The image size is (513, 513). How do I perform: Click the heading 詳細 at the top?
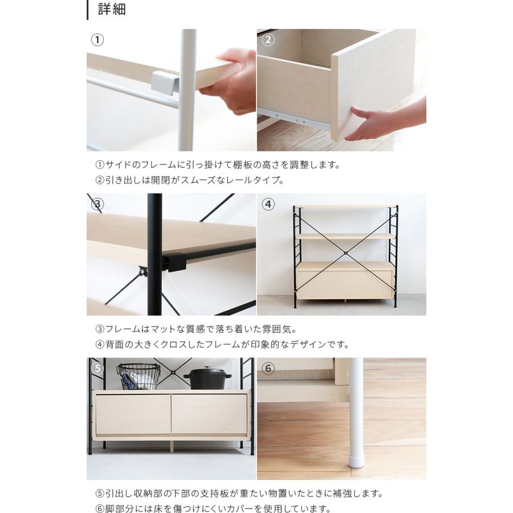click(x=111, y=10)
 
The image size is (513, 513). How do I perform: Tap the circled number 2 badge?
click(x=268, y=40)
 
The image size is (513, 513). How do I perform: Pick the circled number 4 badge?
click(x=268, y=204)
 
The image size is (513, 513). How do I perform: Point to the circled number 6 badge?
click(x=268, y=368)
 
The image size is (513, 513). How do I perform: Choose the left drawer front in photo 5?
click(x=133, y=414)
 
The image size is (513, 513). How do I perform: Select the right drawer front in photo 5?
click(x=209, y=414)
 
